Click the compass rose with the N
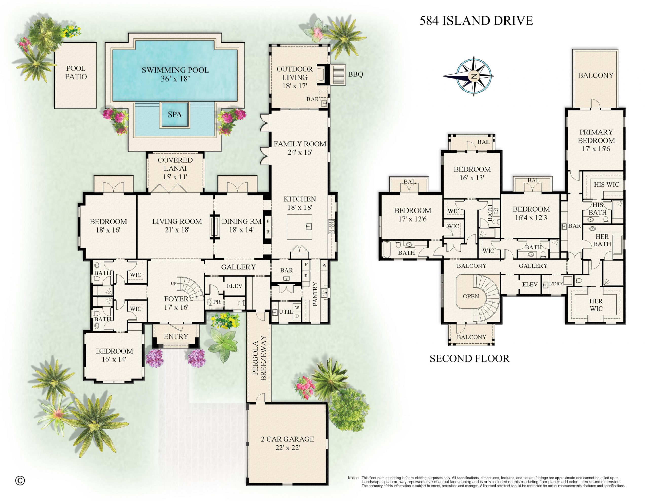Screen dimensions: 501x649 474,76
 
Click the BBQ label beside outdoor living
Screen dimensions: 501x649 355,74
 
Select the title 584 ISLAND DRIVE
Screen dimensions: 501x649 476,21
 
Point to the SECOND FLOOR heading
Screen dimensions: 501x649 470,358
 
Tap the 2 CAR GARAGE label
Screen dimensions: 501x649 287,439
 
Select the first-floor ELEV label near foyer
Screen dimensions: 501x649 235,286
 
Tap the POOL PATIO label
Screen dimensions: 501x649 76,73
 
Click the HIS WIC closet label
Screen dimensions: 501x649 606,184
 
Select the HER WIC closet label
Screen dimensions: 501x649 596,305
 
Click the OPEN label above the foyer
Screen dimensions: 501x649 471,296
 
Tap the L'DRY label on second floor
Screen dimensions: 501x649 556,284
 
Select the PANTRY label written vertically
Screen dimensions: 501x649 315,294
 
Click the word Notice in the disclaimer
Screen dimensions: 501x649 353,478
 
